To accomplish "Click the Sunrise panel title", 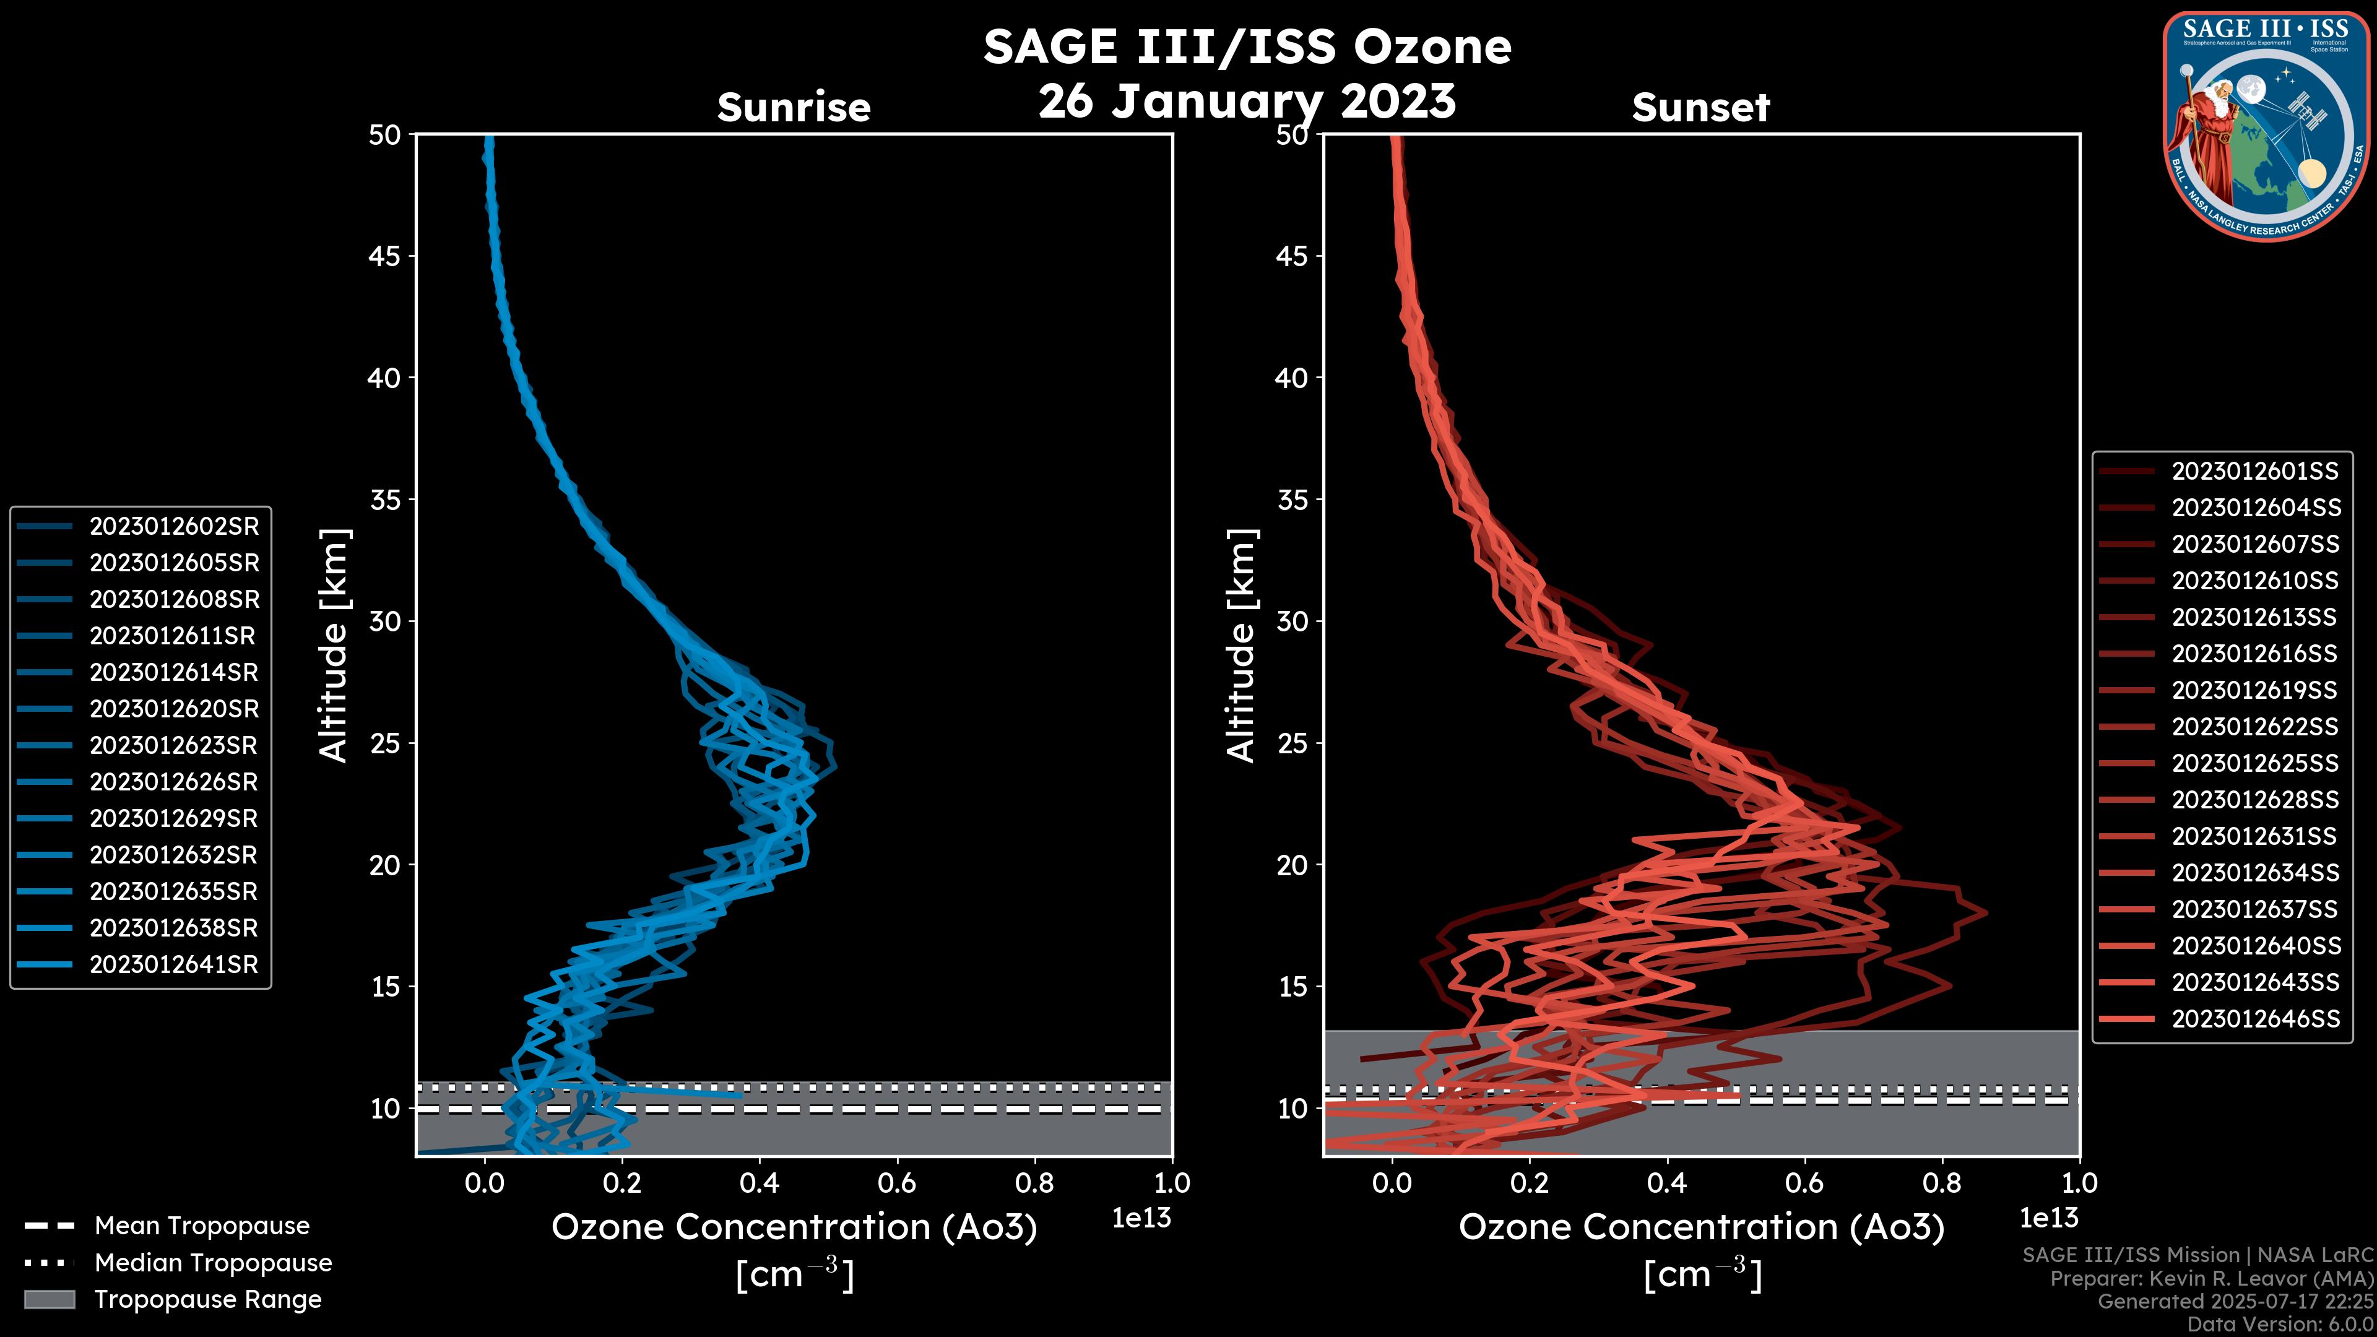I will click(x=794, y=108).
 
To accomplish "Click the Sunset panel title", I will click(x=1700, y=108).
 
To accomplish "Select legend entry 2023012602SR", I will click(x=173, y=526).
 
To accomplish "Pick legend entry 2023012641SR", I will click(x=173, y=964).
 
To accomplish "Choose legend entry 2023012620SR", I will click(x=173, y=709).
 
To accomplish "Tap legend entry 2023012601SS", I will click(x=2254, y=472).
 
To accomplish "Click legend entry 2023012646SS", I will click(x=2254, y=1019).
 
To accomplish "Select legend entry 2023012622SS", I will click(x=2254, y=727).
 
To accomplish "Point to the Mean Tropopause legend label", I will click(x=202, y=1226).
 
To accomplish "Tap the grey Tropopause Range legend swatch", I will click(x=49, y=1299).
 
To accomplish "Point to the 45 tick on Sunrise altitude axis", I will click(x=385, y=256).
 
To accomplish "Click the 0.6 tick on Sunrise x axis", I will click(x=897, y=1183).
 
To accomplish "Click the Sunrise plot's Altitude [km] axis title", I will click(x=334, y=646).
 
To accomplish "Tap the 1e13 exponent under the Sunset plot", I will click(x=2048, y=1218).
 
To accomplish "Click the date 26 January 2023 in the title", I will click(x=1247, y=102).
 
